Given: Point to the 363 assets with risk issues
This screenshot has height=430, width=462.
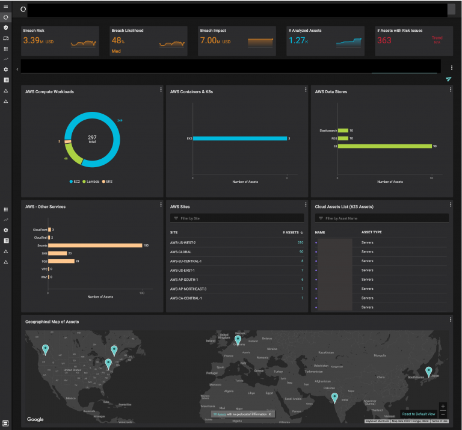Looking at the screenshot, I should (x=384, y=41).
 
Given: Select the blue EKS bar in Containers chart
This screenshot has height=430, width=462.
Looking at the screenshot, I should (x=239, y=138).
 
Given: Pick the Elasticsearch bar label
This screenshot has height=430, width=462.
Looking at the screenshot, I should (x=328, y=130).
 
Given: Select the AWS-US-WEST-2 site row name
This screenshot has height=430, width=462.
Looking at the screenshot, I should (x=183, y=242).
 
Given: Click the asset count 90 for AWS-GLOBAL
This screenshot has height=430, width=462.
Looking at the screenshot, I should (x=301, y=251).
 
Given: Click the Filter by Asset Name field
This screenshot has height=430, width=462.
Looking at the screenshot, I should (x=381, y=218).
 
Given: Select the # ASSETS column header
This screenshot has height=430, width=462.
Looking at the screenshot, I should (x=292, y=232).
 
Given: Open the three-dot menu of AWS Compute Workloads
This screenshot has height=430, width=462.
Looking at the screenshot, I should (x=161, y=90).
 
